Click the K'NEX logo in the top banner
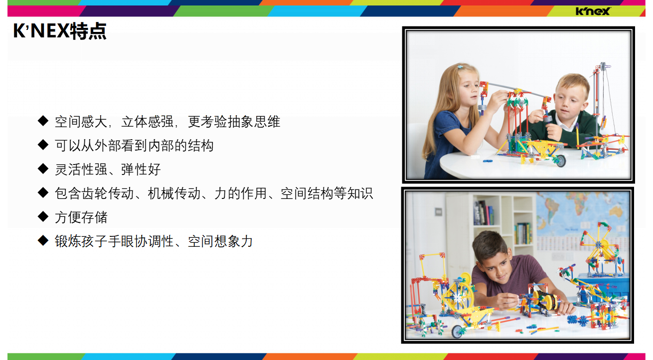coord(593,11)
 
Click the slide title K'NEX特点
coord(60,31)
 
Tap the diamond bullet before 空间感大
coord(43,121)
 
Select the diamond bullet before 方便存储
coord(43,216)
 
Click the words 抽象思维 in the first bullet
coord(254,122)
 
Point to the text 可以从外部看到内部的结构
coord(134,146)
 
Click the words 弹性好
coord(141,170)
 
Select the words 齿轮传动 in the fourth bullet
coord(108,193)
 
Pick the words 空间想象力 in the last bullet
coord(220,241)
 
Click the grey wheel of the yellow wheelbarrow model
coord(561,161)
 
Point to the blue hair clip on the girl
coord(460,67)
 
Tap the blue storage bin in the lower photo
coord(601,287)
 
